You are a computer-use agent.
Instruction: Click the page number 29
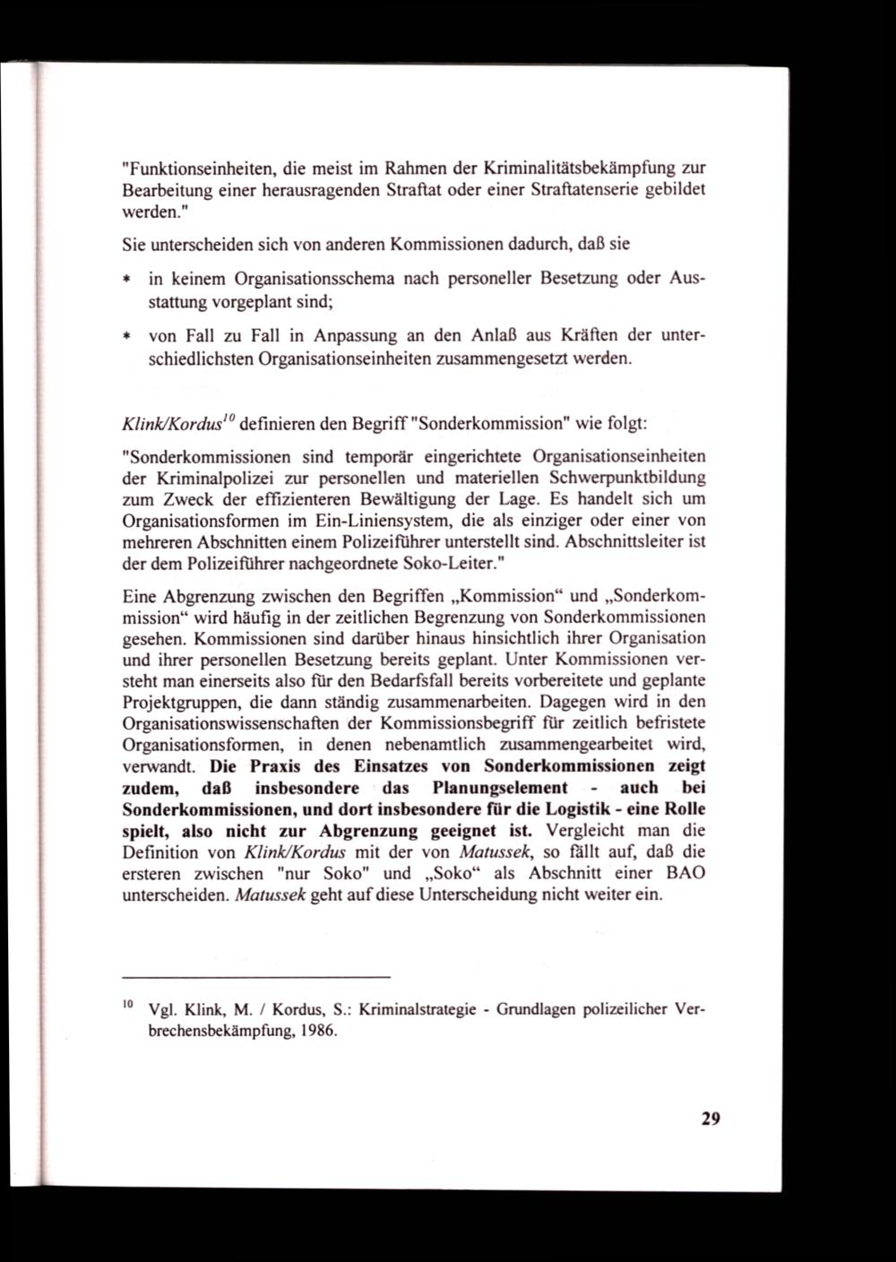(711, 1119)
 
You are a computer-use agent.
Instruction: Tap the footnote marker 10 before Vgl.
(127, 1004)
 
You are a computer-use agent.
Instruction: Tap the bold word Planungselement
(500, 788)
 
